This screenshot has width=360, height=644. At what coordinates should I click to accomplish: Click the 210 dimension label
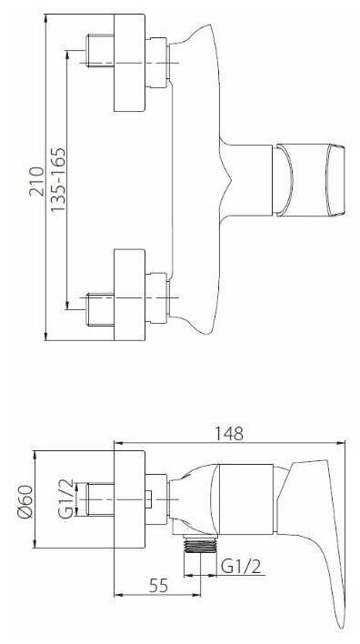[36, 182]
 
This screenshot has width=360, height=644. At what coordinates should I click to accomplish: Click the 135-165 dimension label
[58, 180]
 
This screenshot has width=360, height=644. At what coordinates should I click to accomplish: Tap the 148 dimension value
[229, 433]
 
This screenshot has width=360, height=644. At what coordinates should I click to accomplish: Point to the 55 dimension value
[158, 585]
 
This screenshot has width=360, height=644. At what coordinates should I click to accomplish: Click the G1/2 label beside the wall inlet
[66, 499]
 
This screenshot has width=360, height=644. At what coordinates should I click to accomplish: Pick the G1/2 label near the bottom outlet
[241, 568]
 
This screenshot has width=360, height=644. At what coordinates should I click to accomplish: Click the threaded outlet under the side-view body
[200, 544]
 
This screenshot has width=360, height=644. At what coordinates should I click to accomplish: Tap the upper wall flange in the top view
[129, 63]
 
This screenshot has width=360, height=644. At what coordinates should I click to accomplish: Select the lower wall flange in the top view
[129, 295]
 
